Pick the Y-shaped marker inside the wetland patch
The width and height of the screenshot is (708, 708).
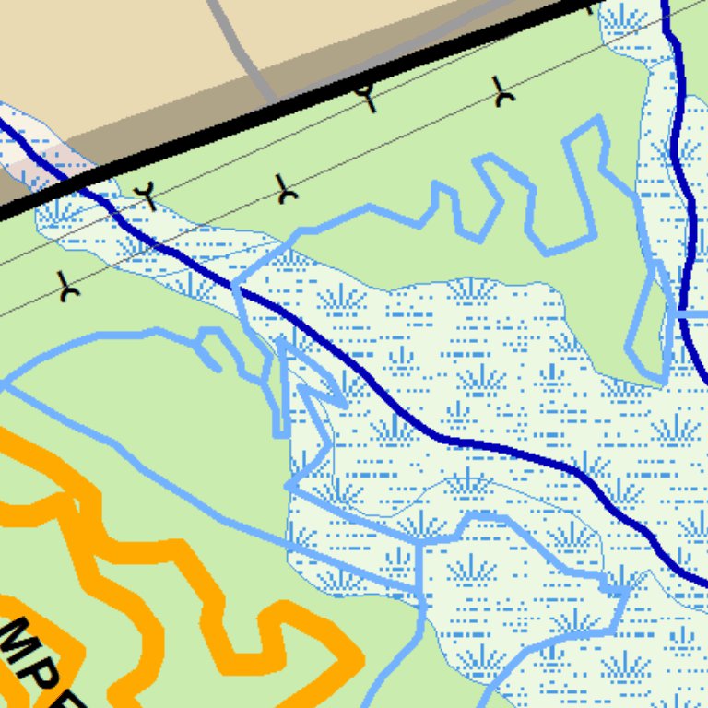point(145,196)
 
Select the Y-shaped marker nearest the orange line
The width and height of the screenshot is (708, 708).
point(67,289)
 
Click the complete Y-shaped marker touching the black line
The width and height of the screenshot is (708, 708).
point(368,96)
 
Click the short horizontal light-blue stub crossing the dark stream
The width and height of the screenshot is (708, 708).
point(691,314)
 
